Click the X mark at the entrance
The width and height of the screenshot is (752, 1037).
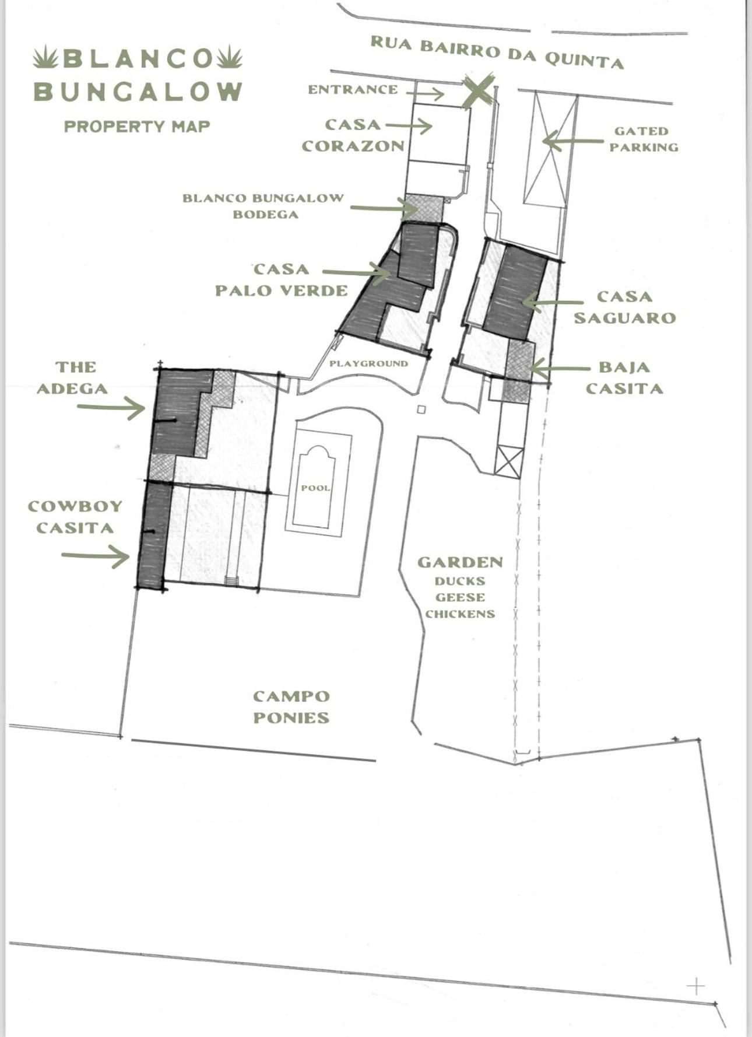tap(477, 90)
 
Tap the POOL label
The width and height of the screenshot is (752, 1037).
tap(315, 488)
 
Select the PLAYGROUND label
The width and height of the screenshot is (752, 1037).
tap(368, 363)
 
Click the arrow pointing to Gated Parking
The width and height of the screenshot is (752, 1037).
tap(572, 141)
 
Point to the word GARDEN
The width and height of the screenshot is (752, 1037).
tap(460, 562)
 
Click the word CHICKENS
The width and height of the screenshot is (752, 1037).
tap(460, 614)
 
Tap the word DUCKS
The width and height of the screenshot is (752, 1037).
tap(460, 581)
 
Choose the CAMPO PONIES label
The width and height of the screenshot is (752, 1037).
tap(291, 706)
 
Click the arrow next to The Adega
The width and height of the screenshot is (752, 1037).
tap(111, 407)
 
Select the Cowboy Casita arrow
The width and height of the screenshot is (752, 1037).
tap(96, 556)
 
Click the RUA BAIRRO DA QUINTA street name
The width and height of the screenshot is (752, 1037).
tap(497, 52)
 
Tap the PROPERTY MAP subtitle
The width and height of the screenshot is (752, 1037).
tap(137, 127)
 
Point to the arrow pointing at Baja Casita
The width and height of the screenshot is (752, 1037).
tap(560, 369)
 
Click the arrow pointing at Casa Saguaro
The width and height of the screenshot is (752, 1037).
tap(552, 302)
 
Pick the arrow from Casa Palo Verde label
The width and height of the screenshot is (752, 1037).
tap(356, 272)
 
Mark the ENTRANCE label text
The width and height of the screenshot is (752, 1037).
tap(353, 90)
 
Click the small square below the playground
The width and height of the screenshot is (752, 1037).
tap(421, 409)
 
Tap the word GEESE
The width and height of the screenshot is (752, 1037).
tap(460, 597)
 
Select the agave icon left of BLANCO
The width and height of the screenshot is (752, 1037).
tap(45, 58)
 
